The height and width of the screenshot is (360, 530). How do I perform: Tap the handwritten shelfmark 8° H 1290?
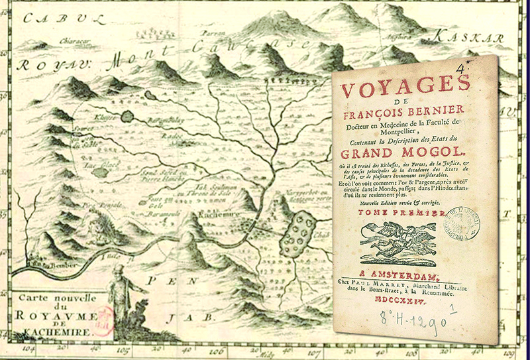click(x=414, y=324)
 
